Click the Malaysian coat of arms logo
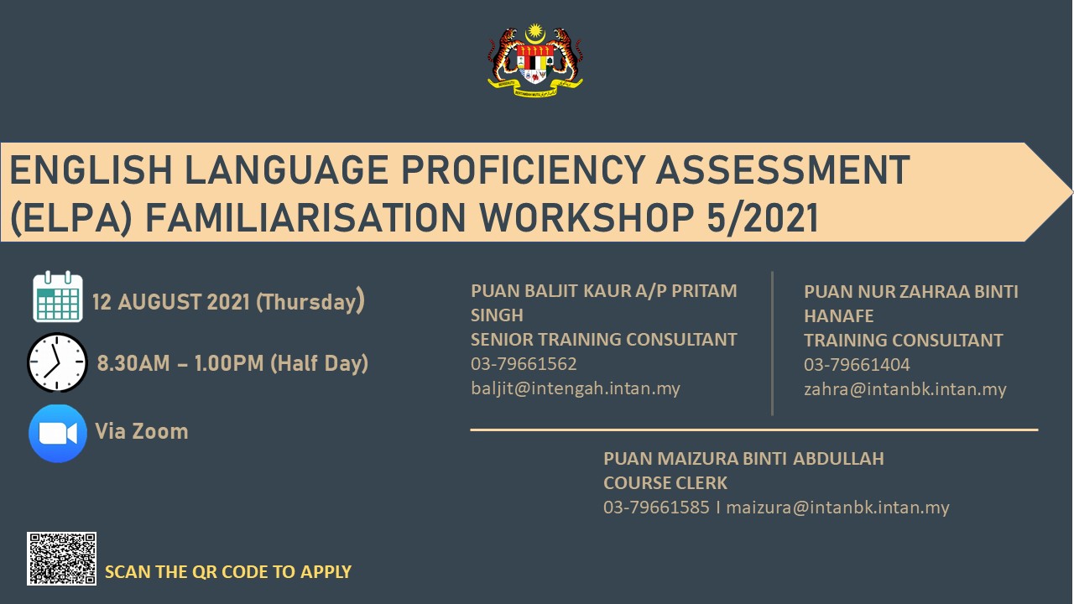click(535, 60)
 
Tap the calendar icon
click(58, 296)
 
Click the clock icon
click(58, 362)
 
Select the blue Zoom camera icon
click(58, 434)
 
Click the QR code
click(61, 559)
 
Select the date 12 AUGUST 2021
click(170, 302)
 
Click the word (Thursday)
click(310, 301)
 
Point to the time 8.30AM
click(133, 363)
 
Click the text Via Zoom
click(142, 431)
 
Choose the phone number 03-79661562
click(524, 364)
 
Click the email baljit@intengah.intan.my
click(576, 388)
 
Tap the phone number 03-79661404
click(857, 365)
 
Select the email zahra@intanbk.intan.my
click(905, 388)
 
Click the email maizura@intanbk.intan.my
click(837, 508)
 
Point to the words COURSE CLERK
click(665, 482)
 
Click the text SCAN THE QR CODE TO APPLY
click(228, 572)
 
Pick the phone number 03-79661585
click(656, 508)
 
